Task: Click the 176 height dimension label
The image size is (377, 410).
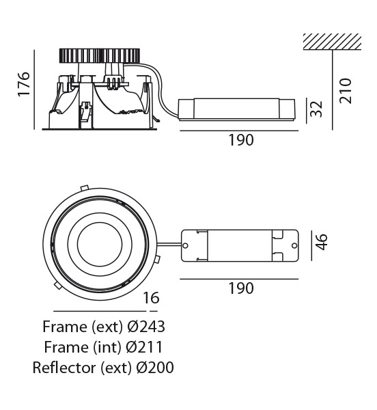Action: (x=24, y=83)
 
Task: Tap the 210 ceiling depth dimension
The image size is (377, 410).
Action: (x=345, y=90)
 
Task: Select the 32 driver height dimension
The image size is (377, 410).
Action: (x=316, y=109)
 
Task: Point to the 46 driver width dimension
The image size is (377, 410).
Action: (x=321, y=242)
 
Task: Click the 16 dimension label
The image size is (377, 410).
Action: (x=151, y=298)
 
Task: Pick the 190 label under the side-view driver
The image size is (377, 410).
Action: (x=241, y=140)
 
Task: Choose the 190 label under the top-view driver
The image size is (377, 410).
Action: (x=241, y=288)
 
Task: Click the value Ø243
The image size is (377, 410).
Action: (x=146, y=327)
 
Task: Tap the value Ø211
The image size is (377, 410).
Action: (x=144, y=347)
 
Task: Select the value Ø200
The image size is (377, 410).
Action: (x=155, y=368)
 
